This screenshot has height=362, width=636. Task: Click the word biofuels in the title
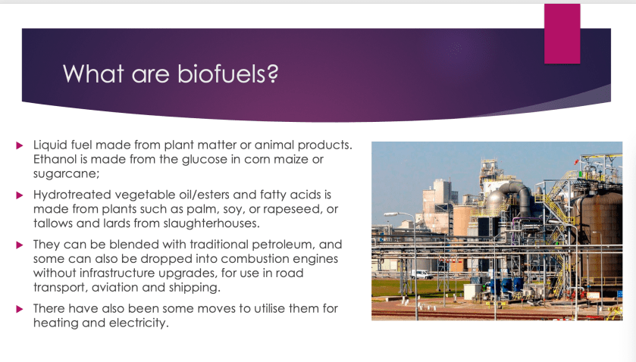(x=228, y=73)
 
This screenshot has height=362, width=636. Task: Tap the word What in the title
(x=94, y=73)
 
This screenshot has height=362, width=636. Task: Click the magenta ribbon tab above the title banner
(x=562, y=33)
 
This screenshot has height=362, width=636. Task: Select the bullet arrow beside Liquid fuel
(x=20, y=145)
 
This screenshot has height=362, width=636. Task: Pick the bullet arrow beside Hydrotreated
(x=20, y=195)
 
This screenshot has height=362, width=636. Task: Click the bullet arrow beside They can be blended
(x=20, y=245)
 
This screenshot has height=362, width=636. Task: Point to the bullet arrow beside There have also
(x=20, y=309)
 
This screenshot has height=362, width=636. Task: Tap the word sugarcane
(x=65, y=174)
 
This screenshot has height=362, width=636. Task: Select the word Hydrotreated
(x=72, y=195)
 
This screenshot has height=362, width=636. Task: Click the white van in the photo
(x=421, y=274)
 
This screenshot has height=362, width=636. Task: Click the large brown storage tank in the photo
(x=601, y=235)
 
